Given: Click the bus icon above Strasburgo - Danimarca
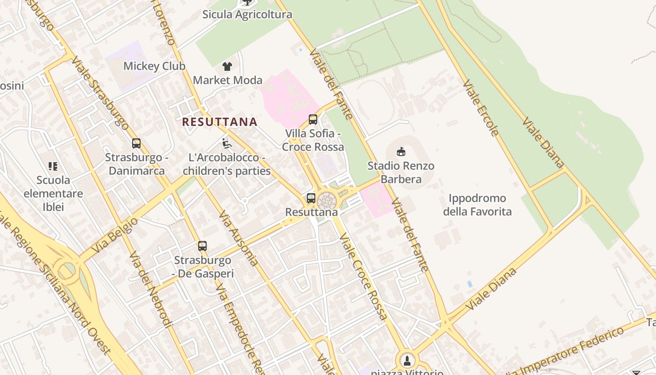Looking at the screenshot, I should tap(136, 143).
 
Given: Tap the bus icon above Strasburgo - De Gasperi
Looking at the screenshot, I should tap(202, 246).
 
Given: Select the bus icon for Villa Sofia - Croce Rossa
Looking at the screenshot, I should tap(313, 120).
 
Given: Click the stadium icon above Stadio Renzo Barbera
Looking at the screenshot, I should tap(401, 151).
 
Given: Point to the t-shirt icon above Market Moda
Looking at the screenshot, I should tap(227, 66).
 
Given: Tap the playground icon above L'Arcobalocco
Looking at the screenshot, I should tap(227, 143).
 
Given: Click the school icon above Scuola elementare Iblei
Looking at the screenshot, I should tap(53, 166).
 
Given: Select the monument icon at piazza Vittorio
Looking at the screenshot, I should tap(407, 360).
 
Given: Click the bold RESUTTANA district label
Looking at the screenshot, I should tap(220, 122).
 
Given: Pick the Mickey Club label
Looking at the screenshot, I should tap(154, 66).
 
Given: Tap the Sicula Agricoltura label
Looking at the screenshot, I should tap(247, 15).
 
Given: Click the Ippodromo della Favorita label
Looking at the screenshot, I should tap(477, 205).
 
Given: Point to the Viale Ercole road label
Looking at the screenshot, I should tap(481, 108).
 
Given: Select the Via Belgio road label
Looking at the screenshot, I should tap(115, 235).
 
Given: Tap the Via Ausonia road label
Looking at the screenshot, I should tap(239, 238).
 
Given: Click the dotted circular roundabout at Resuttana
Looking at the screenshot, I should tap(327, 202).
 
